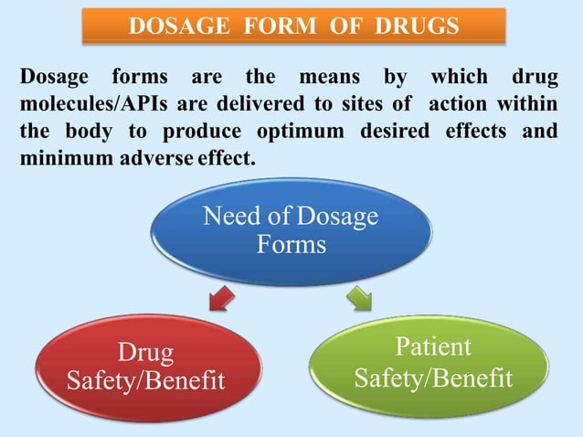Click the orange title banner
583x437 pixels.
pos(293,26)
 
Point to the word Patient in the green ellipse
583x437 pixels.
pos(433,347)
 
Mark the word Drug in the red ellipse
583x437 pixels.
pos(145,352)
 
